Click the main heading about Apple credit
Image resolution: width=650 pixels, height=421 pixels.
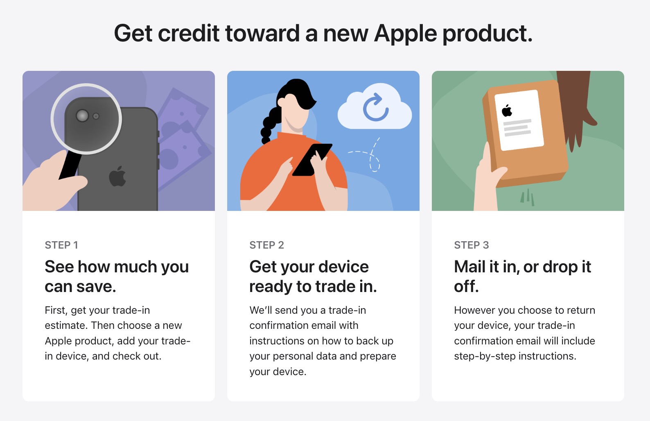click(x=323, y=34)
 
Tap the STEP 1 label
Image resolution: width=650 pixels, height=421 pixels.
click(x=61, y=245)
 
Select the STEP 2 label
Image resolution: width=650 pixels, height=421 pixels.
click(x=267, y=245)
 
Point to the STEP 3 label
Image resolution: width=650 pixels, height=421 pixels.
click(x=472, y=245)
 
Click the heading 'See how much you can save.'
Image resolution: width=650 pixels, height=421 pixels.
click(x=117, y=276)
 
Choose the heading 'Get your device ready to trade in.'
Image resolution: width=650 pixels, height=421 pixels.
click(x=313, y=276)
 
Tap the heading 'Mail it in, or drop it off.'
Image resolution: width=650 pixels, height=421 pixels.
click(x=522, y=276)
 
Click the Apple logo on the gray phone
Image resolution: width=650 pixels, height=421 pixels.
click(x=117, y=176)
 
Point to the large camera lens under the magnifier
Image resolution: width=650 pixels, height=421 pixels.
click(x=82, y=116)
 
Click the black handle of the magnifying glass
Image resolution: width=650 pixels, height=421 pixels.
click(x=70, y=165)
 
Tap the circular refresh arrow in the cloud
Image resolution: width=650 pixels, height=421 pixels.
click(x=375, y=107)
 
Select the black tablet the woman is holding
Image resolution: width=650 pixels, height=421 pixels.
click(x=312, y=160)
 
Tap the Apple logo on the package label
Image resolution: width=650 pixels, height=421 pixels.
click(x=507, y=110)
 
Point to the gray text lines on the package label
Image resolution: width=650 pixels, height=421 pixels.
click(x=517, y=127)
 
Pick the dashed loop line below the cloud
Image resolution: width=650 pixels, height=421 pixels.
click(x=368, y=155)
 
